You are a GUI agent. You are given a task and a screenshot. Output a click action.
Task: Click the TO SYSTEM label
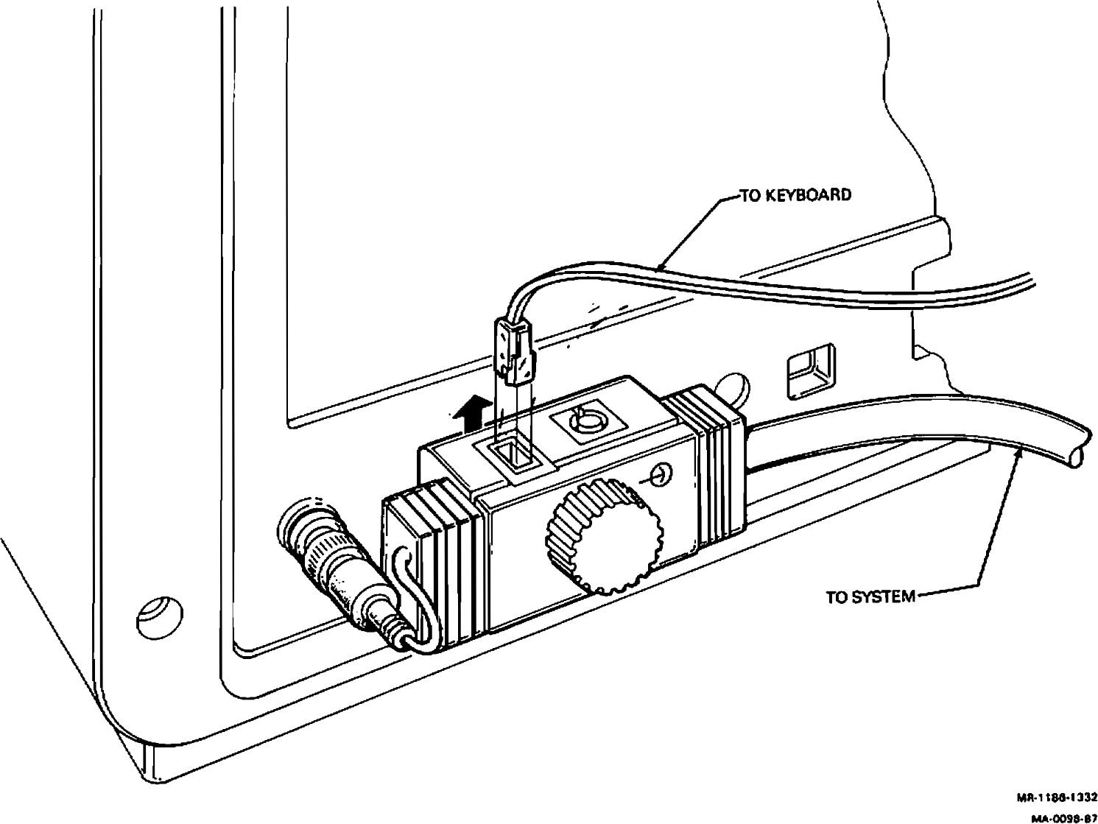pos(870,596)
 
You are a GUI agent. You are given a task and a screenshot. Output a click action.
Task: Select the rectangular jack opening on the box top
pos(515,456)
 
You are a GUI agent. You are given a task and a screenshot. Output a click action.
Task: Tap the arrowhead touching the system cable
pos(1018,456)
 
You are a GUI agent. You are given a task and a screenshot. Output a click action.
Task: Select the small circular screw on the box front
pos(661,474)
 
